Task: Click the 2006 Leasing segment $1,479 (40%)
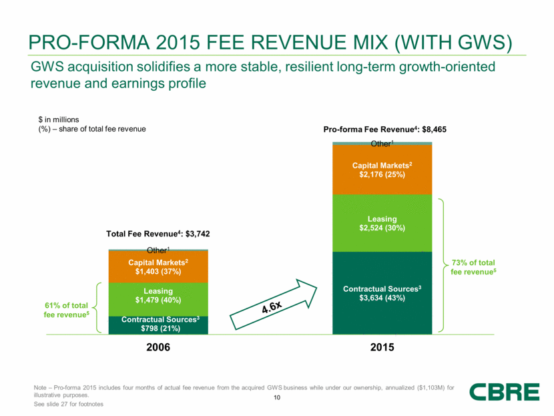pyautogui.click(x=159, y=295)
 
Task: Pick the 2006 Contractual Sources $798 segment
pyautogui.click(x=159, y=324)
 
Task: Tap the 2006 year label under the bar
pyautogui.click(x=159, y=347)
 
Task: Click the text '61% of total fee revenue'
pyautogui.click(x=65, y=310)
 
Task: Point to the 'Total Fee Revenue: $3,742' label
pyautogui.click(x=159, y=234)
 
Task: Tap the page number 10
pyautogui.click(x=276, y=399)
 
